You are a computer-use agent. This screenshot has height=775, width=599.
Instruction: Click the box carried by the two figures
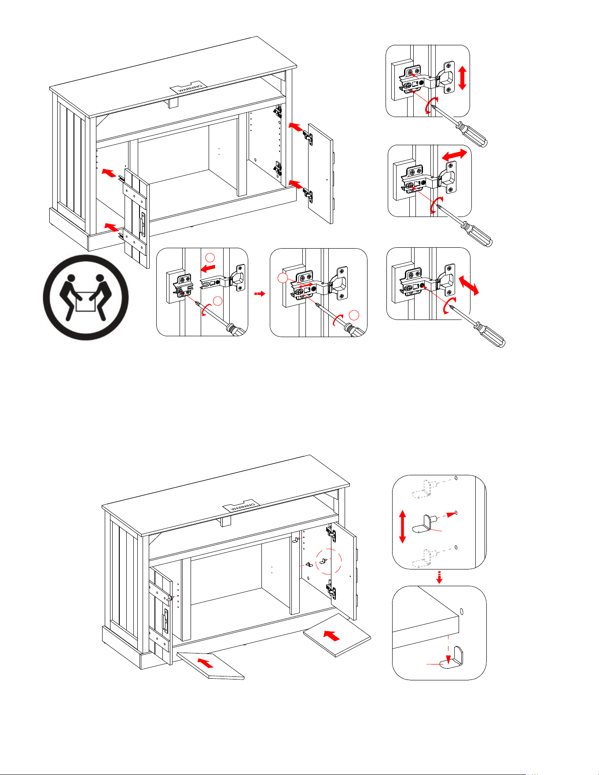(x=86, y=304)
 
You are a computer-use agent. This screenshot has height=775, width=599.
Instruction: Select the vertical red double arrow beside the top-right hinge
(x=462, y=78)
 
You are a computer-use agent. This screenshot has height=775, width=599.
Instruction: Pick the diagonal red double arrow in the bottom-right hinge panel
(x=468, y=285)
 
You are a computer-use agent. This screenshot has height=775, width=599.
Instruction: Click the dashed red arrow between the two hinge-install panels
(x=260, y=294)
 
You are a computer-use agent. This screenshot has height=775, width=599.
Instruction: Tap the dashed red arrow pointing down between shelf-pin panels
(x=439, y=577)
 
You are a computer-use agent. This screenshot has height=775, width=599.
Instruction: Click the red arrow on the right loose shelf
(x=332, y=635)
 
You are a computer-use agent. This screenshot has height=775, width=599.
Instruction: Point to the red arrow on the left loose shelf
(x=206, y=662)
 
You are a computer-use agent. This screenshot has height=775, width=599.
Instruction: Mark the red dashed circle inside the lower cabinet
(x=329, y=561)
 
